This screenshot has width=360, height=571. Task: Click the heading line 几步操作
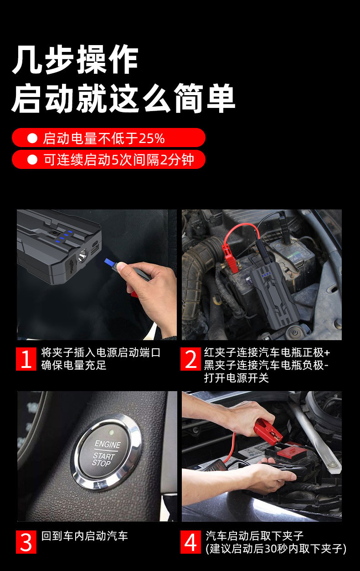click(75, 60)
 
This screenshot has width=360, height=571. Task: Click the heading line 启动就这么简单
click(123, 98)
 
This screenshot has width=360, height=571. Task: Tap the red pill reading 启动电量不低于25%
click(108, 138)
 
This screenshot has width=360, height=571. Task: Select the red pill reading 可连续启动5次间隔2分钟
click(108, 160)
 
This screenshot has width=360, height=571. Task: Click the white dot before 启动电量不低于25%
click(32, 138)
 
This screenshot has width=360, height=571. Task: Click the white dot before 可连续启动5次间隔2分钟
click(32, 160)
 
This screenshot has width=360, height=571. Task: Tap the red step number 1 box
click(26, 359)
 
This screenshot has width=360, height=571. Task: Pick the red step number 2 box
click(190, 359)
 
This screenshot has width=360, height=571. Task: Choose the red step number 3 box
click(26, 542)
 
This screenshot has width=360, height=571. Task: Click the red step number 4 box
click(190, 542)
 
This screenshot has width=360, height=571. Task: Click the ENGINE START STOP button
click(106, 452)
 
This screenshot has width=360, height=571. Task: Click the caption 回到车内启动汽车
click(85, 536)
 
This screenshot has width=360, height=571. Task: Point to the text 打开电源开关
click(236, 378)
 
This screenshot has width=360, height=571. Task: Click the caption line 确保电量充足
click(73, 365)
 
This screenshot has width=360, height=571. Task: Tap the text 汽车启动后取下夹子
click(254, 536)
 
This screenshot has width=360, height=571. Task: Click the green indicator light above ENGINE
click(111, 431)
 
